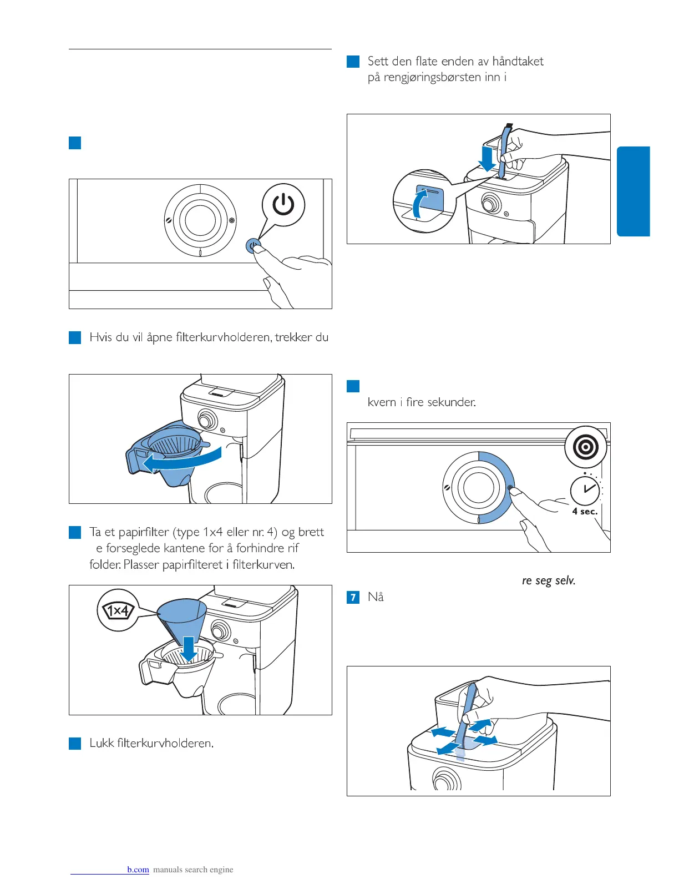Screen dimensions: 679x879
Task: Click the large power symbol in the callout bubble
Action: click(283, 204)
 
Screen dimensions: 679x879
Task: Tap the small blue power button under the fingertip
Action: click(253, 246)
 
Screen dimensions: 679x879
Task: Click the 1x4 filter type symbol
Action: click(118, 611)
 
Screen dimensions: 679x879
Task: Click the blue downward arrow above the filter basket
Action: click(189, 648)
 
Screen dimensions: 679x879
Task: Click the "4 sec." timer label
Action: click(585, 511)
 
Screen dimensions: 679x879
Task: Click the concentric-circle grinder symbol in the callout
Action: click(586, 447)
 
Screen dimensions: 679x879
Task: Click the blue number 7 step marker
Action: click(353, 597)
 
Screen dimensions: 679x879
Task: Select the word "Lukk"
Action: click(102, 743)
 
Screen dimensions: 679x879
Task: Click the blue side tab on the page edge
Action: click(633, 191)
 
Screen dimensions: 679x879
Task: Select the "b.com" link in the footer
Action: click(138, 870)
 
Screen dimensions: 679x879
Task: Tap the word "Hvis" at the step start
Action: click(100, 337)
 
